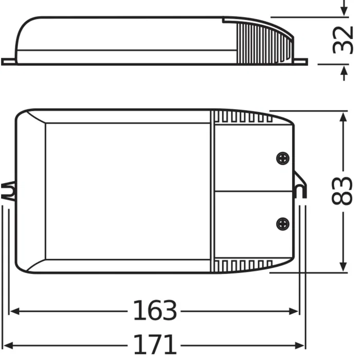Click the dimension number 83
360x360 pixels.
[x=343, y=191]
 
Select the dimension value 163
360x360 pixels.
[x=155, y=311]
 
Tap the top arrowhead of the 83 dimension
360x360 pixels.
[x=343, y=116]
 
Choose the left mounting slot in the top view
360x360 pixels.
[x=9, y=192]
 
